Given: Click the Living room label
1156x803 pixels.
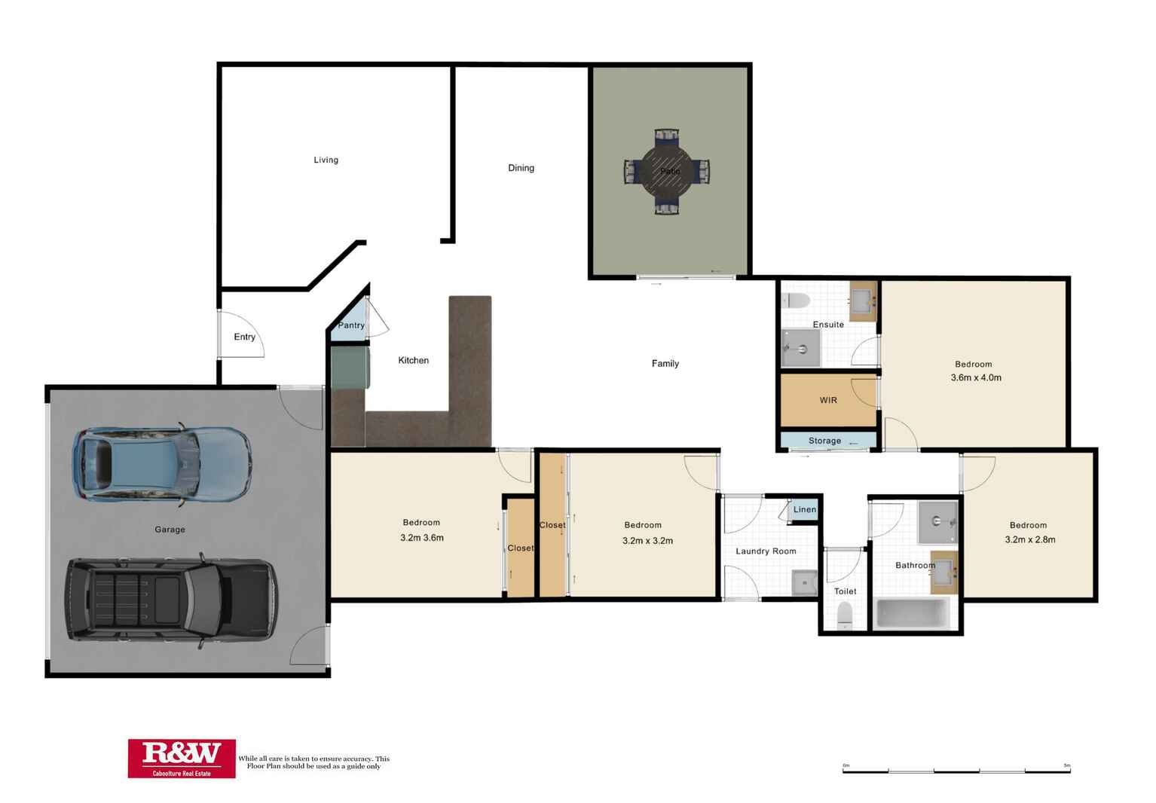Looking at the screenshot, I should [x=326, y=160].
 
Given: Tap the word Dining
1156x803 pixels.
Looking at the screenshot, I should [x=521, y=168].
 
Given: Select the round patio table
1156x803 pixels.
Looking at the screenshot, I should [x=667, y=171].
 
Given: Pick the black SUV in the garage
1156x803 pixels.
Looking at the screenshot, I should [x=172, y=600].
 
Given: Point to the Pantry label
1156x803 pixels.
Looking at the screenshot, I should [x=351, y=325].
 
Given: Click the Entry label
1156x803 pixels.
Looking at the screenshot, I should [x=244, y=337].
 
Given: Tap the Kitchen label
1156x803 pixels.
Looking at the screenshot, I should [x=413, y=361].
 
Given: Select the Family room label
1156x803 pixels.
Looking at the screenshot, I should [x=665, y=364].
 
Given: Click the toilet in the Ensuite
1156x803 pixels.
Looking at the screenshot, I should [x=796, y=301].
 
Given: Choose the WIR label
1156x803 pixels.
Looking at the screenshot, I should [x=828, y=400].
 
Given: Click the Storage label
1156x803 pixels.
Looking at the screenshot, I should [x=824, y=441].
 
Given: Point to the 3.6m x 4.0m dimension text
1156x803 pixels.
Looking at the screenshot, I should [x=976, y=378].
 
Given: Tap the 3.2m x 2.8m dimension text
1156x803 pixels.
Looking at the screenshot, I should [x=1029, y=539].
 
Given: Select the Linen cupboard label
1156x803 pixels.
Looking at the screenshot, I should [x=804, y=510].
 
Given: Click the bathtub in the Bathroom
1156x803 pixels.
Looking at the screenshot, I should [x=913, y=613].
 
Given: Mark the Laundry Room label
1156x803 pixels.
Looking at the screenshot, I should [x=766, y=551].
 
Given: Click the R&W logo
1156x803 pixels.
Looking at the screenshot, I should [x=182, y=758].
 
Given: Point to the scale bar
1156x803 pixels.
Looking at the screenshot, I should [x=956, y=770].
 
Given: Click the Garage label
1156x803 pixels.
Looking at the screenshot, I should [x=170, y=530].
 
